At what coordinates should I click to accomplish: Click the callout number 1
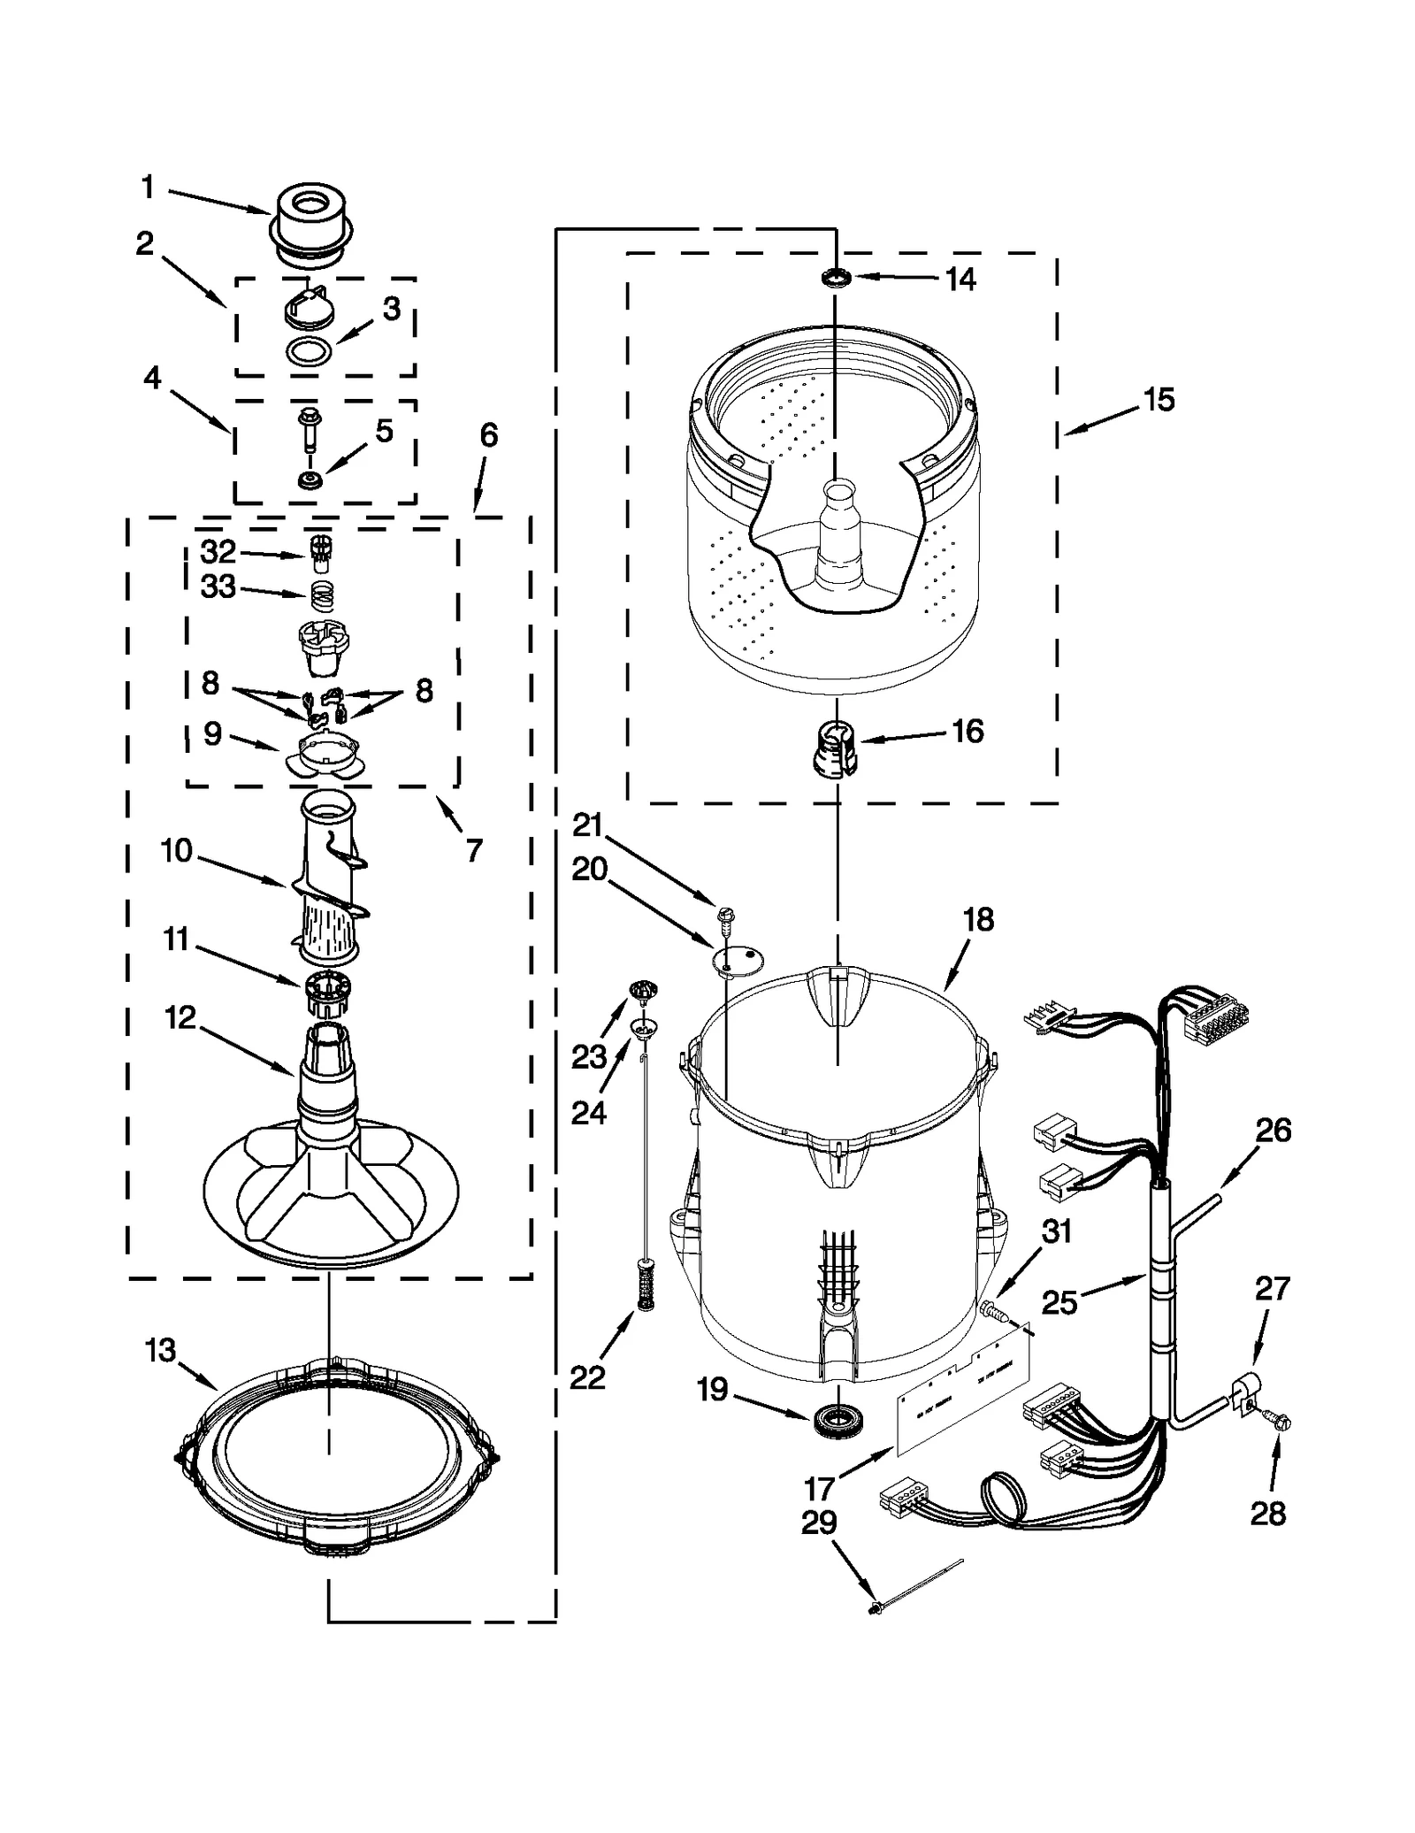[x=148, y=188]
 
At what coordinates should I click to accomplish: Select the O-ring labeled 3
[x=310, y=350]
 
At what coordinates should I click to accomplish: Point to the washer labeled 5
[x=310, y=480]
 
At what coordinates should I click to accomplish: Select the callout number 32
[x=218, y=552]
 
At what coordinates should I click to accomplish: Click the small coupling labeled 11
[x=326, y=992]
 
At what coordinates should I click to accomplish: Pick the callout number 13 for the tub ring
[x=161, y=1351]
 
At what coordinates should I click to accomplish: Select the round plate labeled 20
[x=739, y=958]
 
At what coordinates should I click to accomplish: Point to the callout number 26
[x=1273, y=1131]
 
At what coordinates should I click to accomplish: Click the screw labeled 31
[x=991, y=1310]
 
